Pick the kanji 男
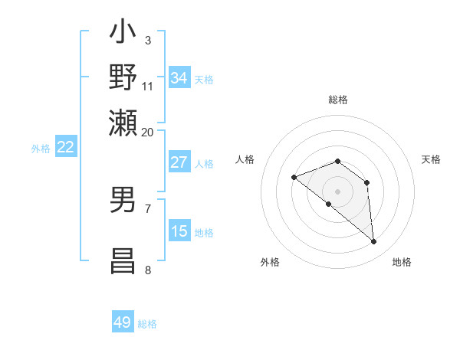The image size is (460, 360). pyautogui.click(x=123, y=200)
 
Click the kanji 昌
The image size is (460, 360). pyautogui.click(x=123, y=259)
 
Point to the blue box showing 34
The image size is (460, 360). pyautogui.click(x=179, y=78)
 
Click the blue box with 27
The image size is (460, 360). pyautogui.click(x=179, y=162)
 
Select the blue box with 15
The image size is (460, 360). pyautogui.click(x=179, y=231)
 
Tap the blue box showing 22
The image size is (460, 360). pyautogui.click(x=66, y=148)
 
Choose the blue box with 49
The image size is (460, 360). pyautogui.click(x=123, y=322)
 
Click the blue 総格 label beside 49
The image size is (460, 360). pyautogui.click(x=147, y=324)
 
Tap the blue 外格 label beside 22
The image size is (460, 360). pyautogui.click(x=41, y=149)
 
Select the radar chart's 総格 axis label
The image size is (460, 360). pyautogui.click(x=338, y=100)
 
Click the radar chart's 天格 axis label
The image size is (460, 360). pyautogui.click(x=431, y=159)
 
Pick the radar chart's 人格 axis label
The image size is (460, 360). pyautogui.click(x=245, y=159)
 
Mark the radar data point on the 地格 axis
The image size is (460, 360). pyautogui.click(x=374, y=242)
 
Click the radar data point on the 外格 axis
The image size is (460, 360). pyautogui.click(x=329, y=204)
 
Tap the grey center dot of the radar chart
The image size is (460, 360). pyautogui.click(x=338, y=191)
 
